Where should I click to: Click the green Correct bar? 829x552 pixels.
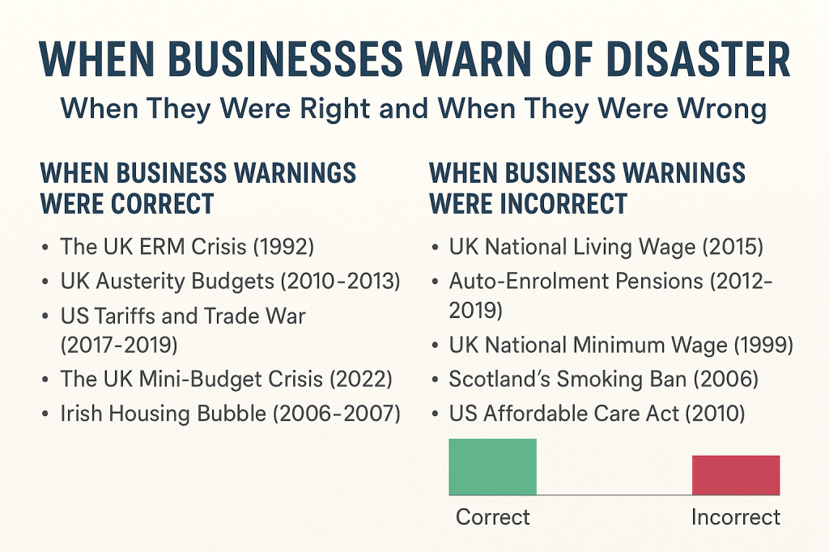point(492,467)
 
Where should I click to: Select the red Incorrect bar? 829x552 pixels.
point(735,475)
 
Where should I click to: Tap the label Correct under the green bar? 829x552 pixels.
point(493,516)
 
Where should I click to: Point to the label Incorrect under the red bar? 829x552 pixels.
point(735,516)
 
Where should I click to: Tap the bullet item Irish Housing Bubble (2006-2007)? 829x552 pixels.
point(230,414)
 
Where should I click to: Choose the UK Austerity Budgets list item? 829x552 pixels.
point(230,281)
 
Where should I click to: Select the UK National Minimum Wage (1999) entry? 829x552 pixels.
point(621,346)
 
